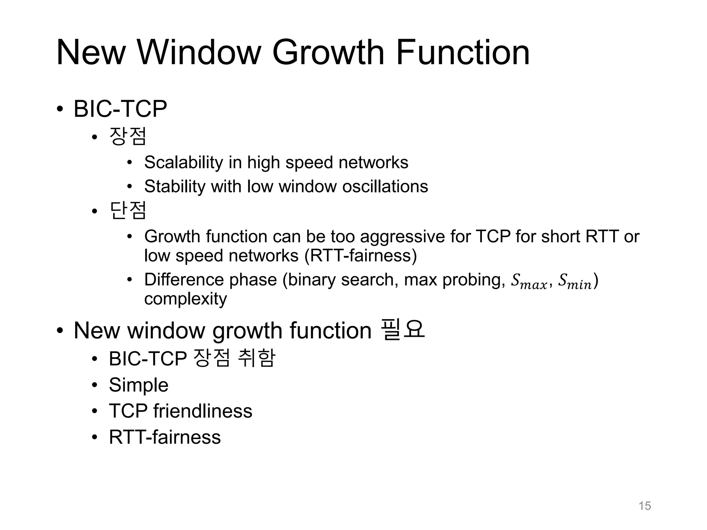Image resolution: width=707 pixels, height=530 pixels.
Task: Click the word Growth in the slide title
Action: [328, 52]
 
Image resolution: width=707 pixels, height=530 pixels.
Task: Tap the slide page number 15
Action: [645, 506]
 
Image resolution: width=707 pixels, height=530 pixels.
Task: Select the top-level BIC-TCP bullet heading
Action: [120, 109]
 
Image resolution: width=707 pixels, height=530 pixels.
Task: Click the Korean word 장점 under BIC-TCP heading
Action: [128, 136]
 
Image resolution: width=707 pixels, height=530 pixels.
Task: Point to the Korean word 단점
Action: [128, 210]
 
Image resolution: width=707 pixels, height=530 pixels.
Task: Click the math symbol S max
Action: [529, 282]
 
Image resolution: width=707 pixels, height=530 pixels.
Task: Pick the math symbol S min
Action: [574, 282]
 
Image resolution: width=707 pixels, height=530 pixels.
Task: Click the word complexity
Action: [185, 299]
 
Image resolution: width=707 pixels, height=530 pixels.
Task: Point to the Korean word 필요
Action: [402, 330]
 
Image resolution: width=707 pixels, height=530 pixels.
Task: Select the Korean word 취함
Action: [256, 358]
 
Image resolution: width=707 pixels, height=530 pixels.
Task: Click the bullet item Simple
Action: [138, 385]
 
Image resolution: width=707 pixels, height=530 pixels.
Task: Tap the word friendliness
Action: [203, 411]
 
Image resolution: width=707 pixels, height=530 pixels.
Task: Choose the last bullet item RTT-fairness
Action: [165, 437]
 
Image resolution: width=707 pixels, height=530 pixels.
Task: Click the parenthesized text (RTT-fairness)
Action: [361, 256]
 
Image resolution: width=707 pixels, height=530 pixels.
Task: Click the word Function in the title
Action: [463, 52]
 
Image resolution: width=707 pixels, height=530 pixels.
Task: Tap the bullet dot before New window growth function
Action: [60, 331]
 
